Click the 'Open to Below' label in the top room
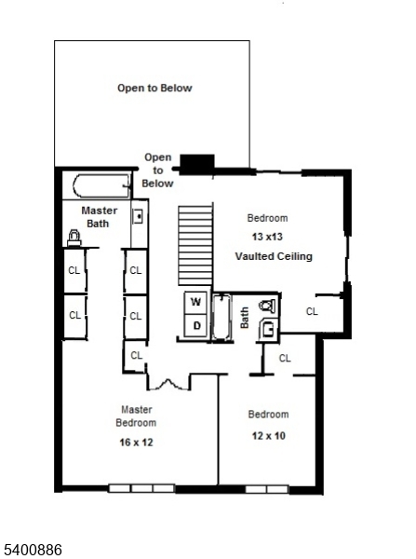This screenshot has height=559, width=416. coord(154,89)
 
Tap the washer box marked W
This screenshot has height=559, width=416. coord(196,302)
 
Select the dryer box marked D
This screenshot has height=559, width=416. coord(196,325)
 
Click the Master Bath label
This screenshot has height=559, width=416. coord(99,217)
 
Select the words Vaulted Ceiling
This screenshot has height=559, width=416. coord(274,256)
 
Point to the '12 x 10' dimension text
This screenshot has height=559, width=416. coord(268,435)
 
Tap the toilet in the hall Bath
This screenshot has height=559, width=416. coord(267,305)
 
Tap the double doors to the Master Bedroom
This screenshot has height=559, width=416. coord(168,381)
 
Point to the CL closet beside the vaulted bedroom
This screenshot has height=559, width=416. coord(312,311)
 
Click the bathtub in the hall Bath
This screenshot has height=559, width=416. coord(223,318)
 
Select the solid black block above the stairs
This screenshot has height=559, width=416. coord(196,164)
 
